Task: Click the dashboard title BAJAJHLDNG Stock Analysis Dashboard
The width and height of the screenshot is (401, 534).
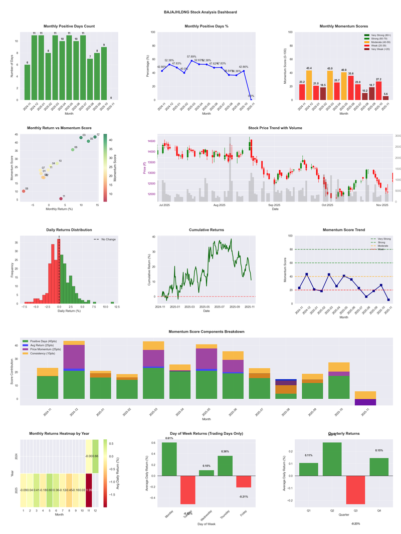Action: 200,12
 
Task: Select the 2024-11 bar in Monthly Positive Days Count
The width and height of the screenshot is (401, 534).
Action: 27,82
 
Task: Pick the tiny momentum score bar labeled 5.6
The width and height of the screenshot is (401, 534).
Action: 385,98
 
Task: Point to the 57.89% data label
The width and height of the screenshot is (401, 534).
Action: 191,57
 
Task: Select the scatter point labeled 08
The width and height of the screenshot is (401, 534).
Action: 24,191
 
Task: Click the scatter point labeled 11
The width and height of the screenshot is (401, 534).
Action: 61,199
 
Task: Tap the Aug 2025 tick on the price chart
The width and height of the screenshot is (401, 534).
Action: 219,205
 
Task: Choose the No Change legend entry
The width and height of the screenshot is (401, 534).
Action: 108,239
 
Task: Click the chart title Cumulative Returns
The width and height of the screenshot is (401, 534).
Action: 207,230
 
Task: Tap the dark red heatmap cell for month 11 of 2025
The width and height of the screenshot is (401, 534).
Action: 89,490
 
